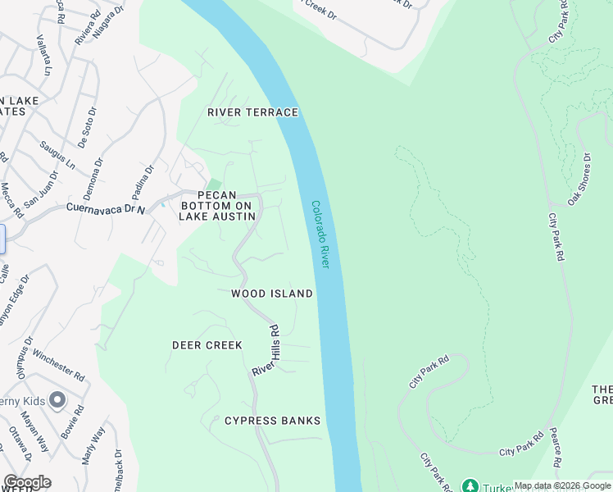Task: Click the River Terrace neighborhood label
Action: (x=252, y=112)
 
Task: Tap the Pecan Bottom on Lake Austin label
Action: (x=216, y=206)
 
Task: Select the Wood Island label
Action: (x=272, y=294)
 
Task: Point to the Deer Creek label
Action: (x=207, y=345)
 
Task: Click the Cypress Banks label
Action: (x=273, y=421)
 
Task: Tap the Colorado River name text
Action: (x=320, y=235)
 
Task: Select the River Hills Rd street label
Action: (x=266, y=350)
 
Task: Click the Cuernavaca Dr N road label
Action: (x=106, y=209)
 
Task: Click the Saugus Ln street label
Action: (x=57, y=154)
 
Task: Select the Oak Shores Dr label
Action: (x=579, y=179)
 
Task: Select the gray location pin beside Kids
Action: (x=57, y=400)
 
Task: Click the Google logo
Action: (x=27, y=482)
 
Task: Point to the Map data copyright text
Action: (x=561, y=485)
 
